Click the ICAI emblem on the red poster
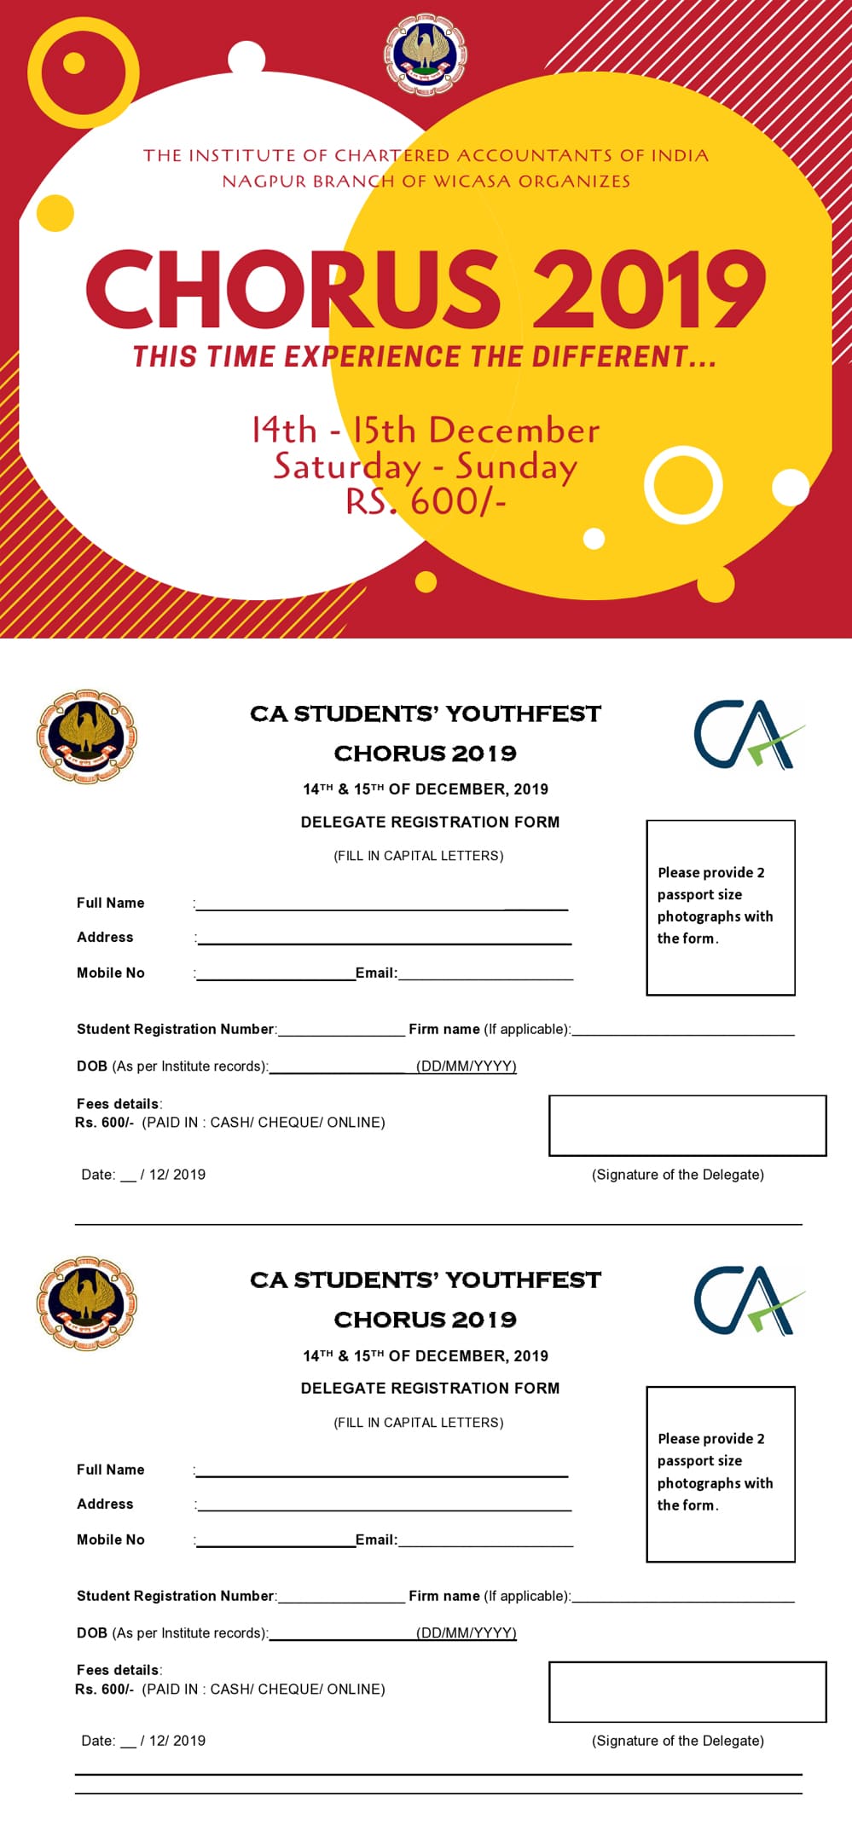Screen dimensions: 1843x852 click(x=426, y=54)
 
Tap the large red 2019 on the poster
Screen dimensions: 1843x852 click(x=649, y=290)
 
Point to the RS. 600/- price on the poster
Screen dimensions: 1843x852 click(x=426, y=501)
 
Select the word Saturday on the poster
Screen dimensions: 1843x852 click(x=347, y=466)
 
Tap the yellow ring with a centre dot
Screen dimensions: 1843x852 click(x=82, y=72)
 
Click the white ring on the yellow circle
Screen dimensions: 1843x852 click(x=682, y=484)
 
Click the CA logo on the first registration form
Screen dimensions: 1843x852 click(x=748, y=734)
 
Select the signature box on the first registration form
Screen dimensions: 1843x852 click(x=687, y=1125)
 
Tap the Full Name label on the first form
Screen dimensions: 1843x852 click(x=111, y=903)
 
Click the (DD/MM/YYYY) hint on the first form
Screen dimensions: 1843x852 click(x=466, y=1066)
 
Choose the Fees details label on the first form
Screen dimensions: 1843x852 click(x=118, y=1103)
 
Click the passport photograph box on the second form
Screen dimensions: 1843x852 click(x=720, y=1474)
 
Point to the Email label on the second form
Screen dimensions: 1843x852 click(x=375, y=1540)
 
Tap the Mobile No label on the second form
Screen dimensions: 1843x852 click(x=111, y=1540)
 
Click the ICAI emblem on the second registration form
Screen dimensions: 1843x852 click(x=86, y=1303)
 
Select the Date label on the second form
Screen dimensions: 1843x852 click(x=98, y=1741)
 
